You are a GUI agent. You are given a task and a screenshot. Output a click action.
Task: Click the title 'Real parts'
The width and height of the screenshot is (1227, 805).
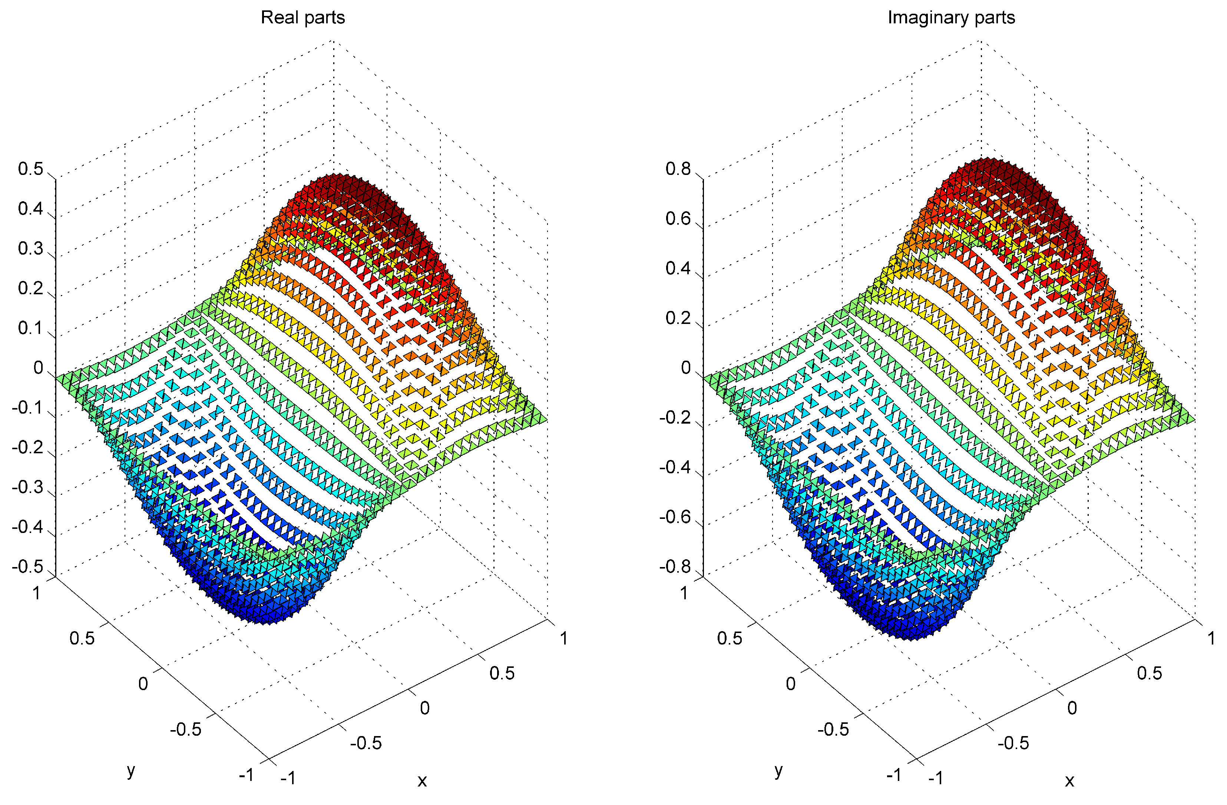tap(302, 17)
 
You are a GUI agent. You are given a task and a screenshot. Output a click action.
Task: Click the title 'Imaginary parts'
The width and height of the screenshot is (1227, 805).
tap(951, 17)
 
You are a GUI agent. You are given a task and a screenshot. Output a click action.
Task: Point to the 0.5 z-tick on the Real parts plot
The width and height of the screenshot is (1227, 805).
tap(31, 169)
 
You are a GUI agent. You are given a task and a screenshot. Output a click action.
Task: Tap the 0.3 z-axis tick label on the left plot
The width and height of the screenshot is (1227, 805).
tap(31, 248)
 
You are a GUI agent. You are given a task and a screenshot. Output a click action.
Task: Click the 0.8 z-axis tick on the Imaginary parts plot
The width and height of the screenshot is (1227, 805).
tap(678, 169)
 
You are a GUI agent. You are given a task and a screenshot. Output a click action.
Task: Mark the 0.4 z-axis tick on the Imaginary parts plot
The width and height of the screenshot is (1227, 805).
tap(678, 268)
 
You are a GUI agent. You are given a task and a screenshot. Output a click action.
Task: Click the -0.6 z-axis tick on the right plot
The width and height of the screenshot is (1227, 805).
tap(675, 517)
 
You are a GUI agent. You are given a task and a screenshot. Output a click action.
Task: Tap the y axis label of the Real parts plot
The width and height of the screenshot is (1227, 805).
tap(131, 771)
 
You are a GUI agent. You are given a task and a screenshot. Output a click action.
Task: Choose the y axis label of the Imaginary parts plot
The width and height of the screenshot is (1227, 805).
tap(778, 771)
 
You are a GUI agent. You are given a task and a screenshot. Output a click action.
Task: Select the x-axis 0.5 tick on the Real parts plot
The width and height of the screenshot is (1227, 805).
tap(502, 673)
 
